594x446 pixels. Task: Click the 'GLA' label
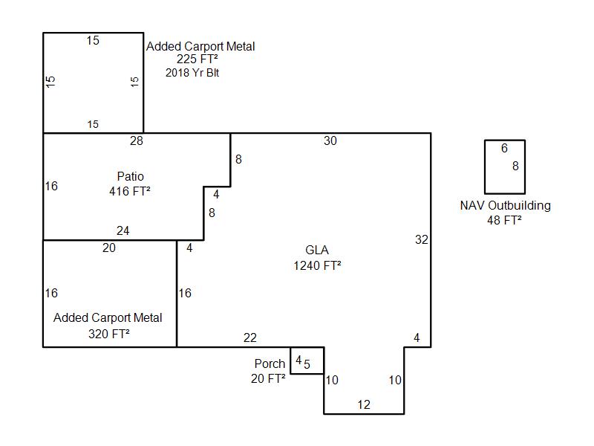317,250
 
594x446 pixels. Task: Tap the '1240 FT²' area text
317,265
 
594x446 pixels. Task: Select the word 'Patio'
130,176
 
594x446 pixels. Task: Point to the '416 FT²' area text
130,191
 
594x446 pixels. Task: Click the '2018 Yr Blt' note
192,73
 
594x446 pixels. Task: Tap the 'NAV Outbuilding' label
505,206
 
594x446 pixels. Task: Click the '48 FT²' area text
504,220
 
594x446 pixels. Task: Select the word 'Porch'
270,363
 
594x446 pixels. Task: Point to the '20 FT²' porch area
268,378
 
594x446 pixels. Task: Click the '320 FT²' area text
109,334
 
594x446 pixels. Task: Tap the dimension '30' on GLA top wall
330,140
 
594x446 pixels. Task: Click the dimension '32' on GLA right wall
422,239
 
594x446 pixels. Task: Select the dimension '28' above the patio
136,140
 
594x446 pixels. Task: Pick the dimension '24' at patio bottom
123,231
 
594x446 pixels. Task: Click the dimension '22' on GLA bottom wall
249,338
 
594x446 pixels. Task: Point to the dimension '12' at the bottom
364,405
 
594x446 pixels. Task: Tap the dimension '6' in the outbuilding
504,149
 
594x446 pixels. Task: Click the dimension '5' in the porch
307,364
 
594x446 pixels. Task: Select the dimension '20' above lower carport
109,248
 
